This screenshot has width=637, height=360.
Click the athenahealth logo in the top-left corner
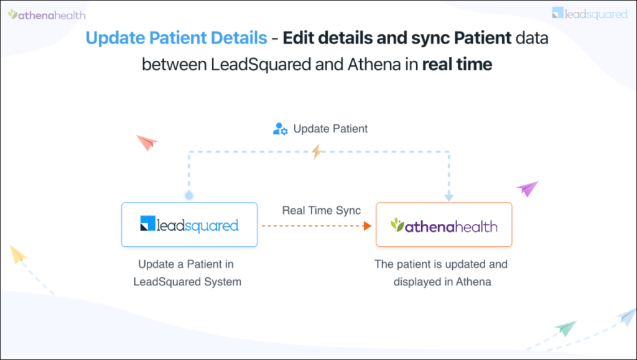[47, 14]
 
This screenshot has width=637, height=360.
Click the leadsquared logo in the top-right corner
[590, 13]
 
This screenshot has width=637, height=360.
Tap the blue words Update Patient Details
[176, 38]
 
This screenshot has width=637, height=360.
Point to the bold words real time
[457, 64]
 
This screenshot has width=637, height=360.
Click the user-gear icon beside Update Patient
[280, 129]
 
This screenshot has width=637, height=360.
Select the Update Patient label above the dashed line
[330, 129]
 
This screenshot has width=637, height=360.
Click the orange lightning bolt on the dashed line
[317, 151]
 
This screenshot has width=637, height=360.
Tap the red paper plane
[147, 142]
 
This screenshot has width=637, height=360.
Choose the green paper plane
[566, 328]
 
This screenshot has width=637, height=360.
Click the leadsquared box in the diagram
[189, 224]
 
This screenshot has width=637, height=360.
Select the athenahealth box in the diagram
[444, 224]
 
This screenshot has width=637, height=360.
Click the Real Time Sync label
[321, 210]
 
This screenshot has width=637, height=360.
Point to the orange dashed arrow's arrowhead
[367, 226]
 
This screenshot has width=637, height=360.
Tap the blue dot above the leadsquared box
[189, 195]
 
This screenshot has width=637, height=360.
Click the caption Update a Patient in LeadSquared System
[187, 273]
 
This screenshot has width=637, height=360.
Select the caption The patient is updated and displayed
[441, 273]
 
